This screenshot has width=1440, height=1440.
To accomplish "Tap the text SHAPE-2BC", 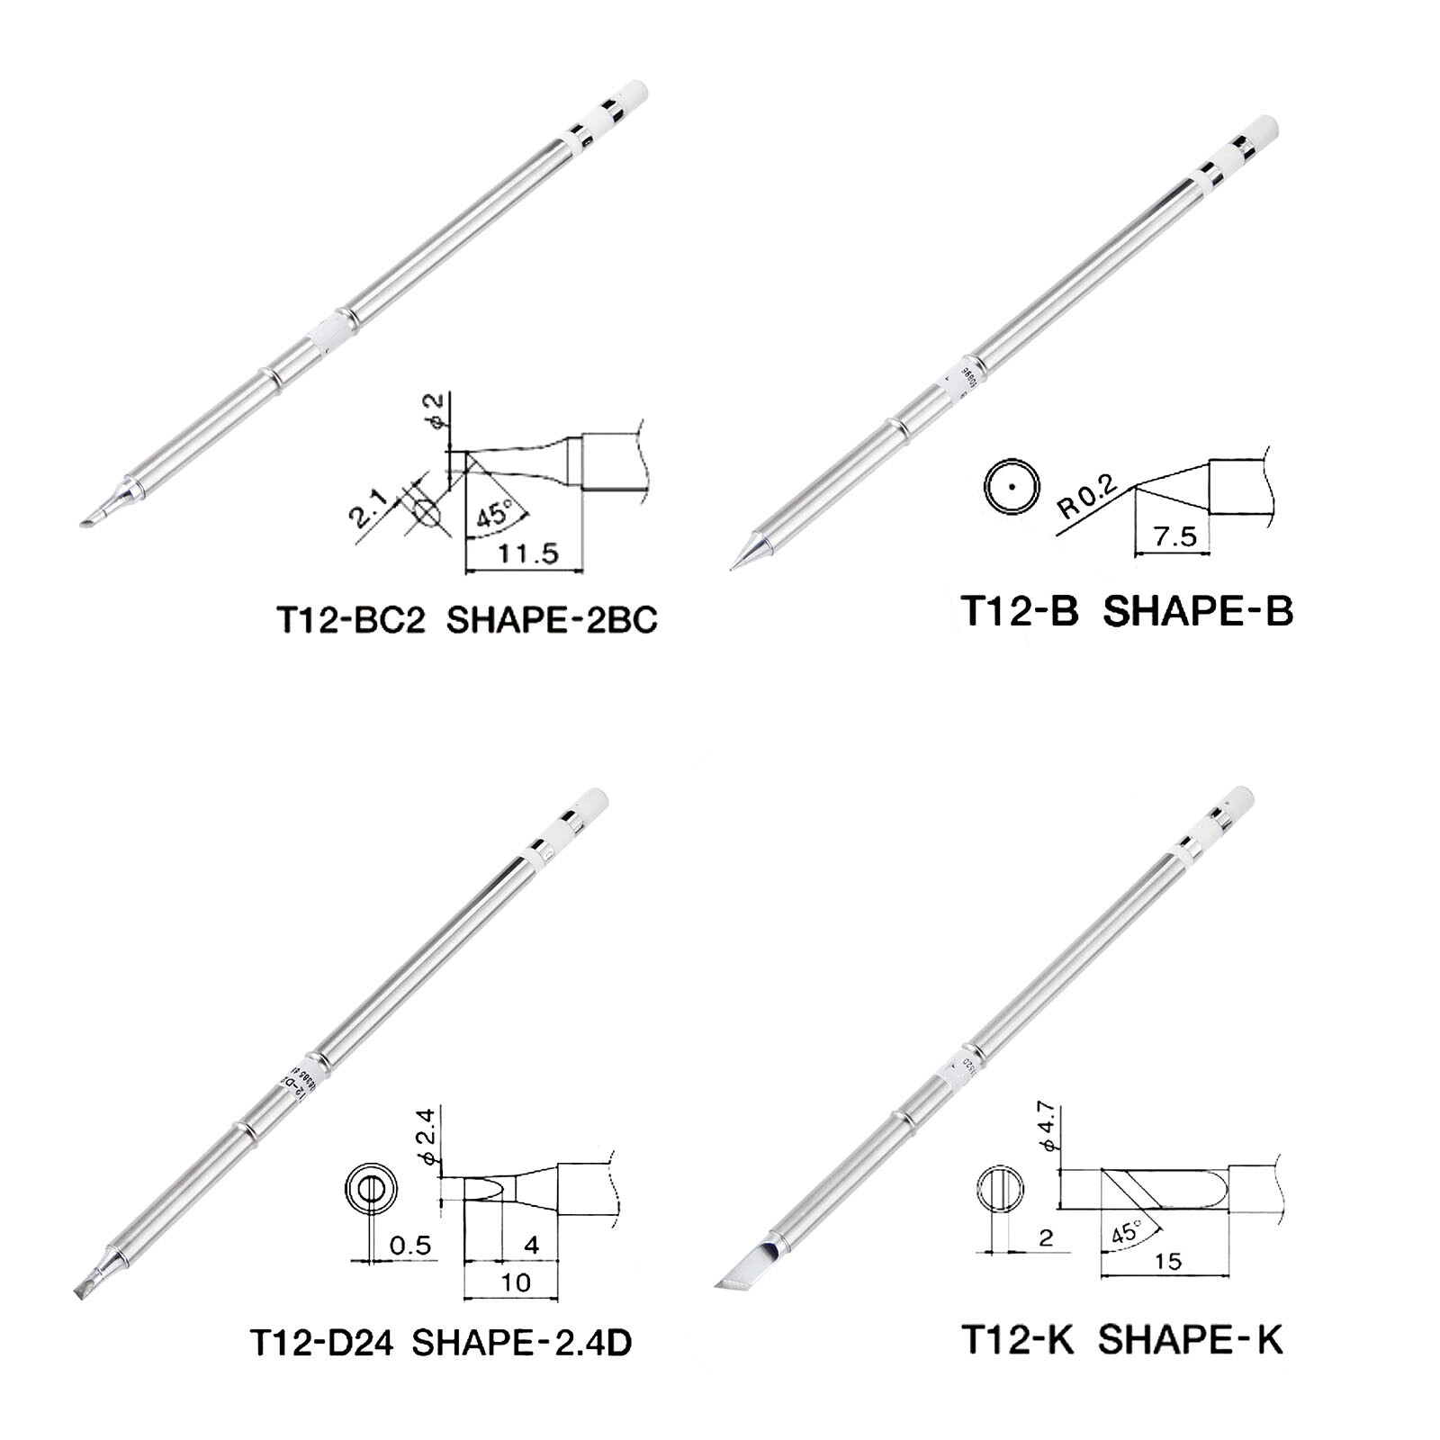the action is [552, 621].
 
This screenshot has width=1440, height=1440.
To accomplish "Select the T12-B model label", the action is [1021, 611].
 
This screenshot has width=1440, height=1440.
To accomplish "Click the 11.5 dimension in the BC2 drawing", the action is [526, 553].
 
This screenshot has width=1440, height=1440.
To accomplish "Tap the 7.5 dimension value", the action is [1174, 537].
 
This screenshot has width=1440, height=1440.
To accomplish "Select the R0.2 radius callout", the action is [1087, 498].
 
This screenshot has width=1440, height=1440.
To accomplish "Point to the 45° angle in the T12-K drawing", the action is [1126, 1232].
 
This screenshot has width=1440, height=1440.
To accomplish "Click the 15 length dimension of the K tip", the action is [1167, 1263].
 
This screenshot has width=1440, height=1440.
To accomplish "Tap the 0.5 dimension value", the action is [409, 1246].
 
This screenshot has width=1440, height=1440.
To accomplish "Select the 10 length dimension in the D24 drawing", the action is [516, 1282].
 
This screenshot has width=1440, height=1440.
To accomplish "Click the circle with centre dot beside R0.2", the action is [1011, 485].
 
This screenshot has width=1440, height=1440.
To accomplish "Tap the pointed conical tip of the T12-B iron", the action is [740, 557].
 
